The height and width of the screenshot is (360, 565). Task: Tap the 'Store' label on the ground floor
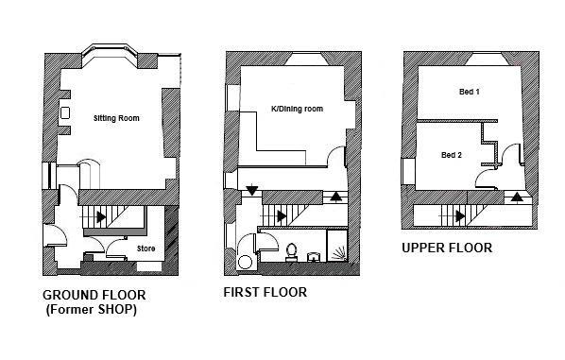point(146,249)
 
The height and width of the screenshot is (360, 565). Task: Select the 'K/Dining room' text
point(297,110)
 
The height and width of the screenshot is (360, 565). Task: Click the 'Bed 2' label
point(452,154)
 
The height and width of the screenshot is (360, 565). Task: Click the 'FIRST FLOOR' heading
point(265,292)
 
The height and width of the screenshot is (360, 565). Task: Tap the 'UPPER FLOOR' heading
point(447,249)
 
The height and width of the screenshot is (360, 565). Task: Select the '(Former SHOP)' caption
point(90,310)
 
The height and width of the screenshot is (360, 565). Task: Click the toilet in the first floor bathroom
point(291,252)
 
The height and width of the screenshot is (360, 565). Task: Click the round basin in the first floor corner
point(245,263)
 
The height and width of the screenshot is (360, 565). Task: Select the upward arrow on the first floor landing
point(337,197)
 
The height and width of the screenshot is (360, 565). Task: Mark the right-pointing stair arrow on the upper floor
point(460,215)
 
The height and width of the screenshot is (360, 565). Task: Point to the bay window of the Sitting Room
point(113,51)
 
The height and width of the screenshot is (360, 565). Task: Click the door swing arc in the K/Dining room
point(334,156)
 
